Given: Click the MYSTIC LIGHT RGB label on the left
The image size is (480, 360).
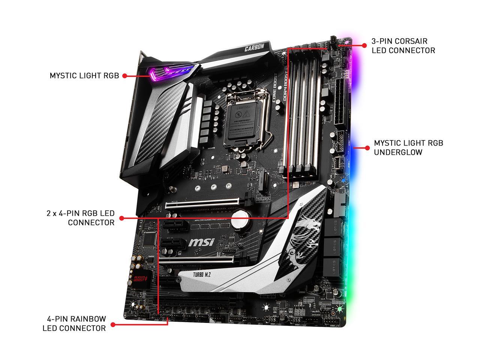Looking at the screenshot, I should click(84, 76).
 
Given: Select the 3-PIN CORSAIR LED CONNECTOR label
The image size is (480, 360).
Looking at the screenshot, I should click(403, 45).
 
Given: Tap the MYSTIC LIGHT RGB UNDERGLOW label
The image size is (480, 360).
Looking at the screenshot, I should click(408, 147).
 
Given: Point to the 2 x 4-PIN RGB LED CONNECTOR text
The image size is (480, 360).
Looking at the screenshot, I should click(80, 218).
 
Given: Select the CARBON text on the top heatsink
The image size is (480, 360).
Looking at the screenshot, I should click(255, 48).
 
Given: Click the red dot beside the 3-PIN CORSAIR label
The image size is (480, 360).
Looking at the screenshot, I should click(364, 45).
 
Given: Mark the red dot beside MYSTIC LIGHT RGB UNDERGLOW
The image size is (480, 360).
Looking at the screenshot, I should click(366, 148).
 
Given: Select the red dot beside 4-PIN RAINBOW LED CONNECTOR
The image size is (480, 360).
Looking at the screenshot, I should click(112, 324).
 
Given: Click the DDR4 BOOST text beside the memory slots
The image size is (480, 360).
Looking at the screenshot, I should click(282, 81).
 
